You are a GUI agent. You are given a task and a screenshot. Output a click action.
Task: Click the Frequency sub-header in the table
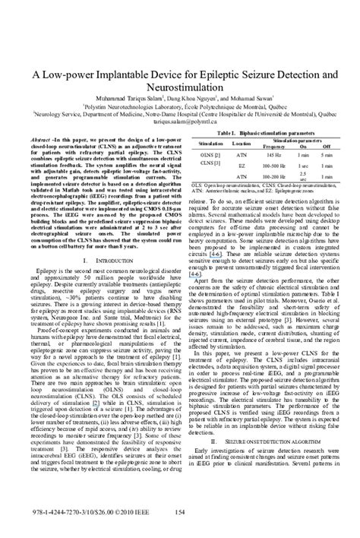click(273, 146)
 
